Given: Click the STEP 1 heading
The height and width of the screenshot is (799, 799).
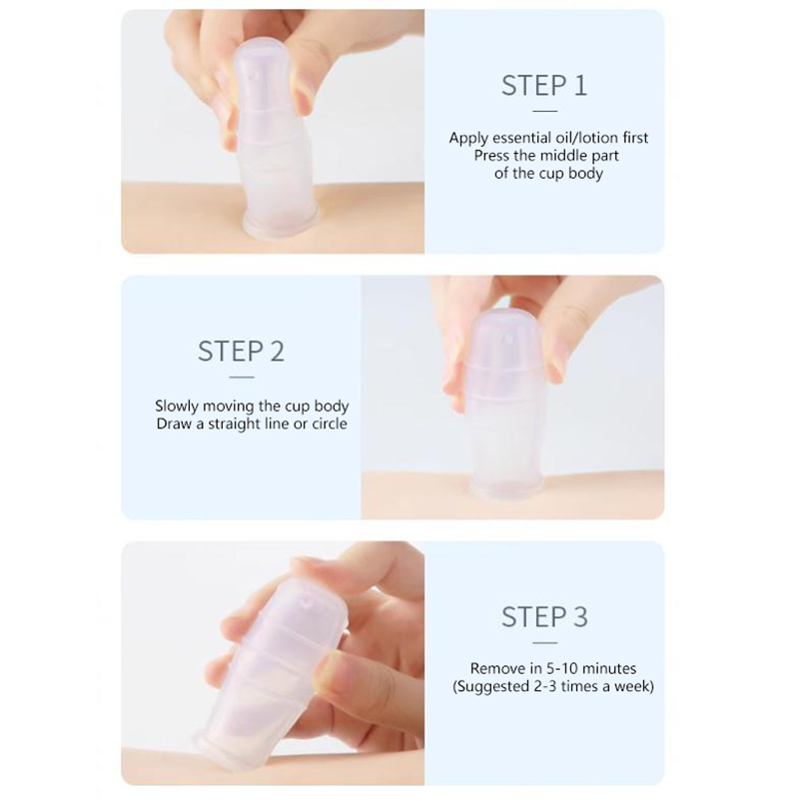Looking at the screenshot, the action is (x=544, y=86).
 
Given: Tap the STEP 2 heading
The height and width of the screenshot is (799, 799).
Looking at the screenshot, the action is (x=241, y=352).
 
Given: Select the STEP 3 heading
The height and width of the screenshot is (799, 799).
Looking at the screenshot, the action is (x=544, y=617).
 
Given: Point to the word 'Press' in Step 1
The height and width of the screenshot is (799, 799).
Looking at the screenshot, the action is (x=490, y=156).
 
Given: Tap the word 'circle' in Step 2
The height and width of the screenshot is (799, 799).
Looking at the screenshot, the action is (x=330, y=423).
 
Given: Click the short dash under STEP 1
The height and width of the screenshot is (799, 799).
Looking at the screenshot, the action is (x=544, y=111).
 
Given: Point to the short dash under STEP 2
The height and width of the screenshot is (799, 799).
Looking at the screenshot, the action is (x=242, y=378).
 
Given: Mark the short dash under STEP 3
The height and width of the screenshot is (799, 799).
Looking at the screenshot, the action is (x=544, y=643).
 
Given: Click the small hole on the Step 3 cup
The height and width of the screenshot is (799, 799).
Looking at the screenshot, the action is (x=306, y=603).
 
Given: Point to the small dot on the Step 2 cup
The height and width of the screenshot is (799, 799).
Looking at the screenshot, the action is (x=507, y=339).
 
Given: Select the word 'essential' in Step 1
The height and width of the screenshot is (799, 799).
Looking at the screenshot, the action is (x=519, y=138).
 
